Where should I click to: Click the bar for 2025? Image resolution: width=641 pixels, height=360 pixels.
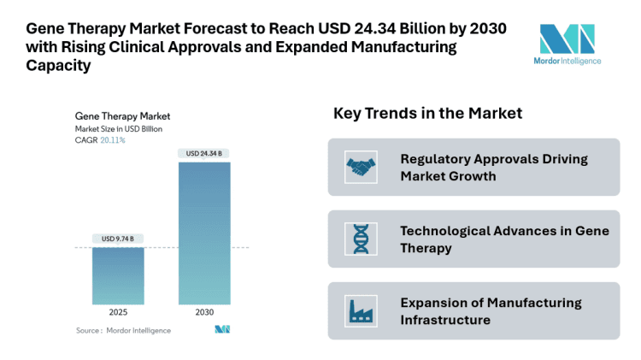[118, 275]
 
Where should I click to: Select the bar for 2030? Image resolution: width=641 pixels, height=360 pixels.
[203, 233]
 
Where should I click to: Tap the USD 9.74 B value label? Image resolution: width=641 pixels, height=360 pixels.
[118, 239]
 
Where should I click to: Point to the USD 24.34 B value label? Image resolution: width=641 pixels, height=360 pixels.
[203, 154]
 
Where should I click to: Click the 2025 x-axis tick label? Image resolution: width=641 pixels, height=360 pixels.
[118, 313]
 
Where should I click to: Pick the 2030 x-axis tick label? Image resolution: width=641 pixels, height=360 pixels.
[203, 313]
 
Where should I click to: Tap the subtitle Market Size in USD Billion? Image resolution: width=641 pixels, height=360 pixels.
[118, 128]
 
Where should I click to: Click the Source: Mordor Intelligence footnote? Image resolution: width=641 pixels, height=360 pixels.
[123, 330]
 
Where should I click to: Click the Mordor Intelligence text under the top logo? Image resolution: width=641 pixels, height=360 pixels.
[567, 62]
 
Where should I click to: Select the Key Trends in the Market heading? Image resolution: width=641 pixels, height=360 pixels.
[427, 114]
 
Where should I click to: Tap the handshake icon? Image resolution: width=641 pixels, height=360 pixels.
[360, 167]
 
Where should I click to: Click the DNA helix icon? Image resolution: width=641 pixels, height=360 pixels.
[360, 239]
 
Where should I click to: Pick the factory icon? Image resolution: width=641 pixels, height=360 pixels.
[360, 310]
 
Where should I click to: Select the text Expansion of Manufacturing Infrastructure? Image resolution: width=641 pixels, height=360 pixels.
[491, 310]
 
